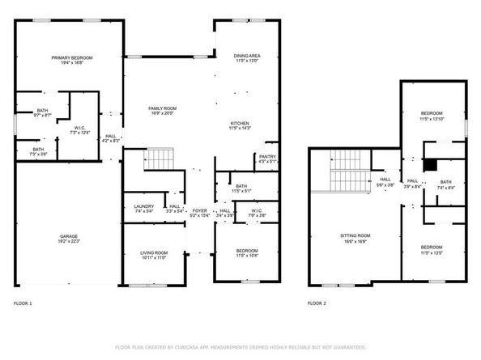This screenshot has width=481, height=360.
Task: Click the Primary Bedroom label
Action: (x=72, y=57)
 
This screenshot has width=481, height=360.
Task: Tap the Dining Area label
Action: (x=246, y=56)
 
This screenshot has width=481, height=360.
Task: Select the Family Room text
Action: (x=162, y=108)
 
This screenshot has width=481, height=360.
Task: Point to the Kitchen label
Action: (x=241, y=123)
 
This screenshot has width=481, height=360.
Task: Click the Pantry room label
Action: (x=267, y=157)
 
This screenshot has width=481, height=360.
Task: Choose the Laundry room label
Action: (x=144, y=206)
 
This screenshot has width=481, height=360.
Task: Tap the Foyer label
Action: (x=199, y=212)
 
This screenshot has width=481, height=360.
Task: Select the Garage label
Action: (x=68, y=237)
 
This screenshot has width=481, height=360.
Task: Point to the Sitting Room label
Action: (x=355, y=236)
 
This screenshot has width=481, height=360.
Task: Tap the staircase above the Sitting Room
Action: (x=347, y=171)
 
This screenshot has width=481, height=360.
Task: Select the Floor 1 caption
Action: (x=23, y=303)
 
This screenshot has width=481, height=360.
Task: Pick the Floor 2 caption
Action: (x=317, y=303)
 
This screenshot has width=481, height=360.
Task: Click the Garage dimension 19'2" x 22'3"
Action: (x=68, y=242)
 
